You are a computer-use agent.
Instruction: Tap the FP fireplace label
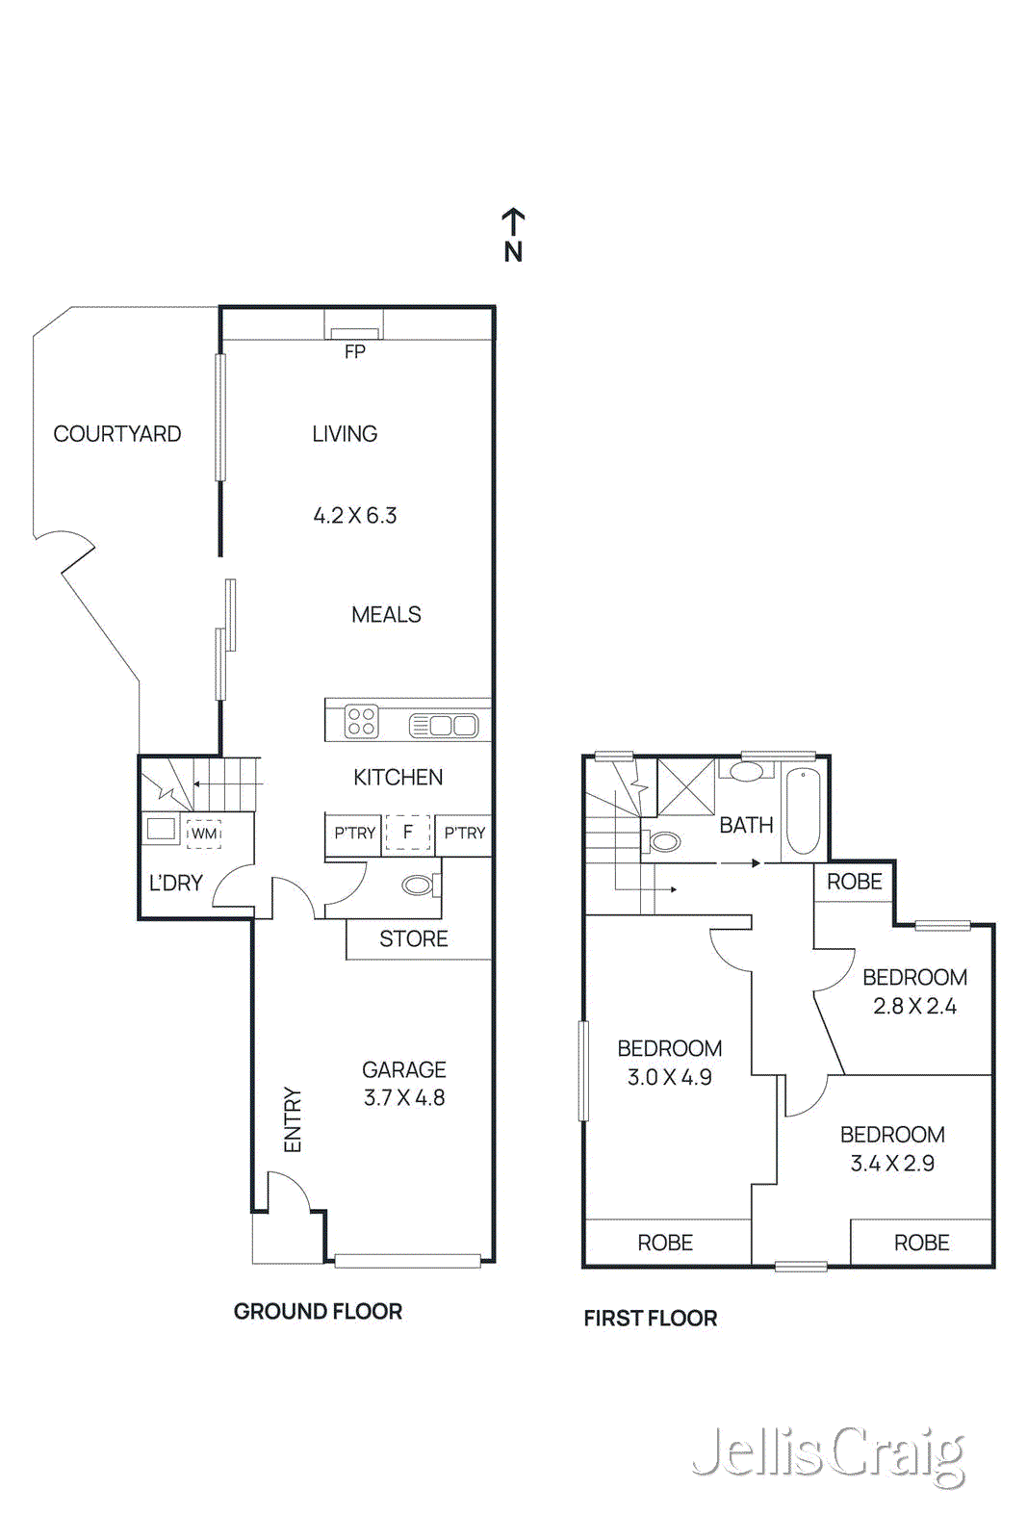tap(354, 352)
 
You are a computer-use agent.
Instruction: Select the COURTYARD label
tap(116, 434)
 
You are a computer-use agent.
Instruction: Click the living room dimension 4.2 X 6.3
tap(354, 516)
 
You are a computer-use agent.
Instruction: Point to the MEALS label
tap(386, 615)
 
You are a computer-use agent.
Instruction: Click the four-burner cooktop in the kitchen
tap(362, 721)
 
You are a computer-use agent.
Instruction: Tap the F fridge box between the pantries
tap(408, 833)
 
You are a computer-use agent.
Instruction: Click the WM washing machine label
tap(204, 834)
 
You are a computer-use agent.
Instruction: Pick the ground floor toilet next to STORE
tap(419, 885)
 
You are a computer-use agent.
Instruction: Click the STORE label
tap(413, 939)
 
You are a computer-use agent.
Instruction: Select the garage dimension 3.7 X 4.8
tap(404, 1098)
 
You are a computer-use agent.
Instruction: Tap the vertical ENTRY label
tap(293, 1119)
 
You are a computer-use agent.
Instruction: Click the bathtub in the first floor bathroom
tap(803, 810)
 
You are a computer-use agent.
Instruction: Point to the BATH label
tap(746, 826)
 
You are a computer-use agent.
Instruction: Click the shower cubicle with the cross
tap(686, 787)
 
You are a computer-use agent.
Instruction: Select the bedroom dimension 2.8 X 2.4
tap(914, 1007)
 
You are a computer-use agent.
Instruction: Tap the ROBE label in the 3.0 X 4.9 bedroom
tap(665, 1244)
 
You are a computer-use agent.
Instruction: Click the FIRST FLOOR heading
tap(650, 1319)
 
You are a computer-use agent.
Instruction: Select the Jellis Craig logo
tap(829, 1454)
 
